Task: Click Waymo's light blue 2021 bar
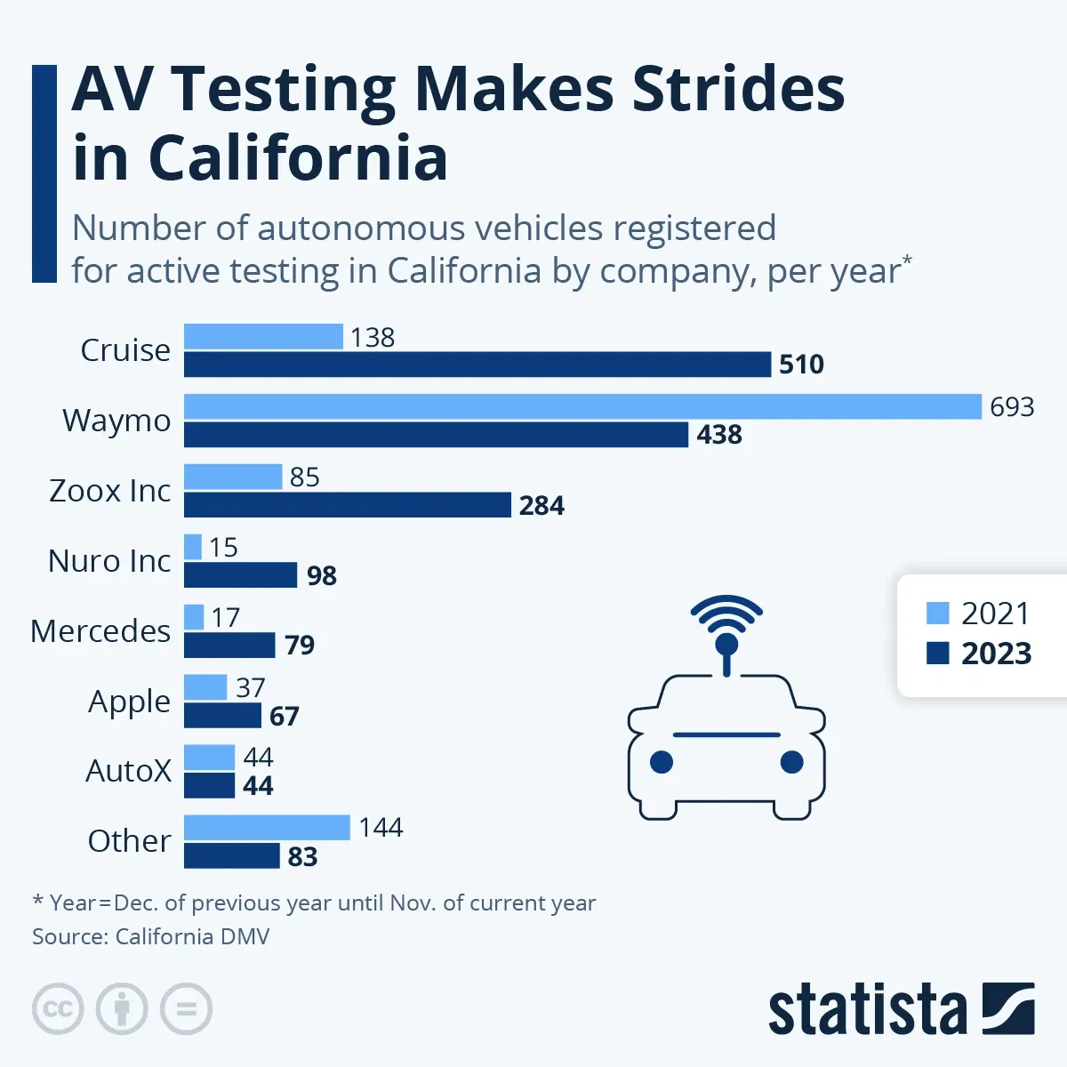(582, 406)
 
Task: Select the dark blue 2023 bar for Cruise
(477, 365)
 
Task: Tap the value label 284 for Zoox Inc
(542, 505)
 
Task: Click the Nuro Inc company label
(109, 561)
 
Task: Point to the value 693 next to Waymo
(1012, 406)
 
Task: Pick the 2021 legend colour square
(938, 614)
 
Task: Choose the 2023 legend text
(996, 654)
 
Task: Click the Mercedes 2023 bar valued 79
(229, 645)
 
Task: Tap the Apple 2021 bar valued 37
(205, 687)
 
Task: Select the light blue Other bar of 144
(267, 827)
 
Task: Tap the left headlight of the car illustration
(661, 762)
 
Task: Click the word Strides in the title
(738, 89)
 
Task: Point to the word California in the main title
(298, 158)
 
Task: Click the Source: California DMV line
(150, 936)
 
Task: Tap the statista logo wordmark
(867, 1011)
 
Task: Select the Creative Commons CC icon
(58, 1009)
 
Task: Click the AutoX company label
(128, 771)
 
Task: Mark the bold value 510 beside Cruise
(801, 365)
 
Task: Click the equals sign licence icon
(186, 1009)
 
